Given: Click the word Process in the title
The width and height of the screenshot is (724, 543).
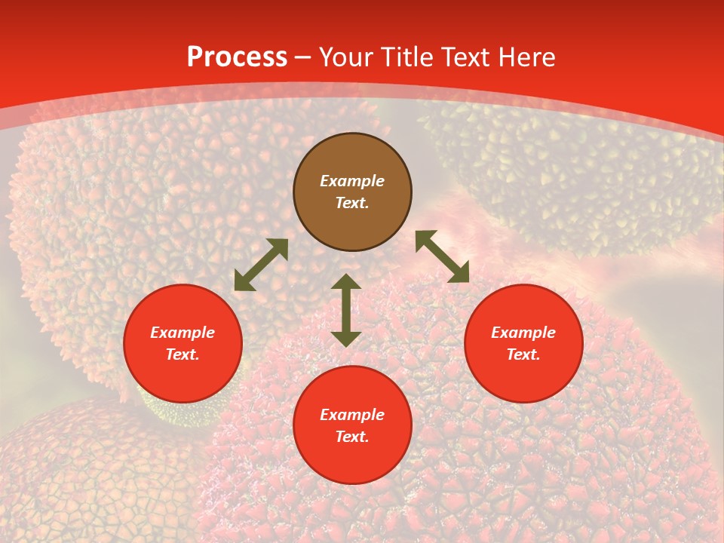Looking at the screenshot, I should (237, 57).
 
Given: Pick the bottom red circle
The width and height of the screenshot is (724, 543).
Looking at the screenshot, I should (352, 460).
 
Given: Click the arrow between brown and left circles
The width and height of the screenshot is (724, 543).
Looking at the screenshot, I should (261, 265).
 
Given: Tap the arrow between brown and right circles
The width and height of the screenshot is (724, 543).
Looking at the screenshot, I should (442, 256).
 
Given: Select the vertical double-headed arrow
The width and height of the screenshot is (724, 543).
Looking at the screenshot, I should (346, 310).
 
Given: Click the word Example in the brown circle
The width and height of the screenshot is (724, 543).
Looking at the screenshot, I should (352, 181).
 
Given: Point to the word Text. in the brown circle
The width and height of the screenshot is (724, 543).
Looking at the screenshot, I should (352, 203).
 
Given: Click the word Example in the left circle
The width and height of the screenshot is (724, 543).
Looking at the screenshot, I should (183, 333).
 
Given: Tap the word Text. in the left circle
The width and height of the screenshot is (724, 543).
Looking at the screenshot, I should (183, 354).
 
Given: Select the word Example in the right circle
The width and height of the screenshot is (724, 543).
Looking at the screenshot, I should (523, 333).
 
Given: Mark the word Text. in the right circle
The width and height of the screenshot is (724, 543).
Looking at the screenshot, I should (523, 354).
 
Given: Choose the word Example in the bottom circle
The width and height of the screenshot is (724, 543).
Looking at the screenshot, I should (352, 415).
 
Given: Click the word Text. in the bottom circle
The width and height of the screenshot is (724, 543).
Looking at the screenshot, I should (352, 437).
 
